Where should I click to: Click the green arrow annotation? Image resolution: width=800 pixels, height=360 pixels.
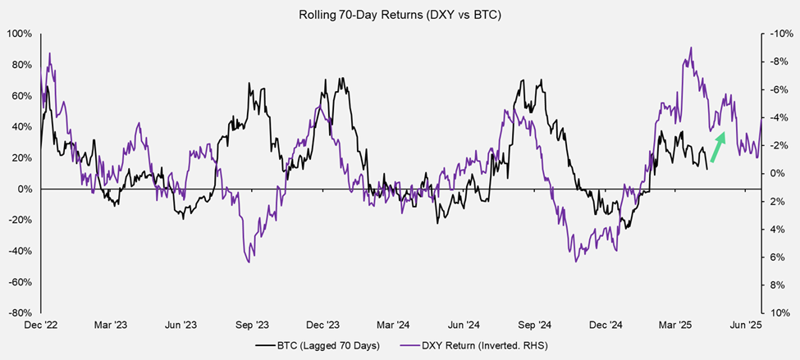tap(718, 148)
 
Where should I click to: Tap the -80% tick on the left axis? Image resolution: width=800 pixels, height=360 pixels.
tap(19, 312)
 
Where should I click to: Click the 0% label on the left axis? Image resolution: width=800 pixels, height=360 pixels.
tap(24, 189)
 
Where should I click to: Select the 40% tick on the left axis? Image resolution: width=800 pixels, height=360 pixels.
tap(21, 127)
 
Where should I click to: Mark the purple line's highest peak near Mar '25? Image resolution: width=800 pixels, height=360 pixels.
tap(692, 48)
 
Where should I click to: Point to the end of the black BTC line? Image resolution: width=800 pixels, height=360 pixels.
tap(707, 168)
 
